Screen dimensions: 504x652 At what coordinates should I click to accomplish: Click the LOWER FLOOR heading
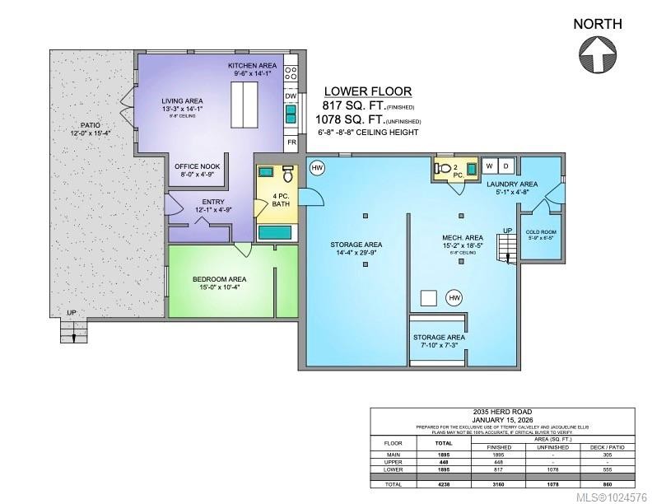click(367, 91)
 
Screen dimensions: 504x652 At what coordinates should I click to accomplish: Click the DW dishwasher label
click(291, 96)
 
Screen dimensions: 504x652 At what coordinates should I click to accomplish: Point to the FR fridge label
click(291, 142)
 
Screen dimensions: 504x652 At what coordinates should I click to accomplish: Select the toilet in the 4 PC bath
click(288, 175)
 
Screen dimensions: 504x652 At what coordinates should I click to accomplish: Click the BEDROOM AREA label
click(219, 279)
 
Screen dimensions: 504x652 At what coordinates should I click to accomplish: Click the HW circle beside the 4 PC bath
click(317, 168)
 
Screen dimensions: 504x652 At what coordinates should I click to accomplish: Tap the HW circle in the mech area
click(453, 297)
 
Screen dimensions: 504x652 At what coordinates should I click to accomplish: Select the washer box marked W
click(489, 166)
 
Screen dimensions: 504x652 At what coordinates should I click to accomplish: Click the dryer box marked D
click(506, 166)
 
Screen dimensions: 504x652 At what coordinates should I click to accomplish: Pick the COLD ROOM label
click(540, 233)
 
